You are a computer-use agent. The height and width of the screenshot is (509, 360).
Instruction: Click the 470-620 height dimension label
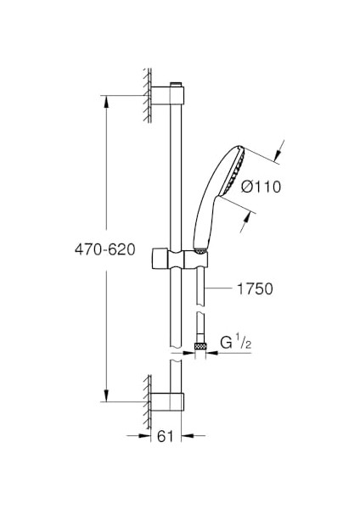[x=104, y=249]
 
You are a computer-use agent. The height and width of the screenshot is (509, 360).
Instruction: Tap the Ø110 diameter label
[x=261, y=187]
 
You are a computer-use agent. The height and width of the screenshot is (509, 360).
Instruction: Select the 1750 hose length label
[x=255, y=289]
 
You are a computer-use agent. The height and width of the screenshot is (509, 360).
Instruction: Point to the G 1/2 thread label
[x=236, y=343]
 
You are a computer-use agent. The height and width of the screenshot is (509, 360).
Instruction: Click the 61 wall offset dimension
[x=166, y=436]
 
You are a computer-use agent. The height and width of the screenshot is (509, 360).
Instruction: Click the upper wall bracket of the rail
[x=167, y=95]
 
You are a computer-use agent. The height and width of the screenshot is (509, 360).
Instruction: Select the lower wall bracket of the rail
[x=167, y=403]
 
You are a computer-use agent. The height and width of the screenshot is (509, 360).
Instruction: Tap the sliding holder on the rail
[x=179, y=260]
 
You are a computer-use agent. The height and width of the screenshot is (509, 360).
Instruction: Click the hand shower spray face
[x=232, y=171]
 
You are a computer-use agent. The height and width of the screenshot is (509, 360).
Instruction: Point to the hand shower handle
[x=204, y=224]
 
